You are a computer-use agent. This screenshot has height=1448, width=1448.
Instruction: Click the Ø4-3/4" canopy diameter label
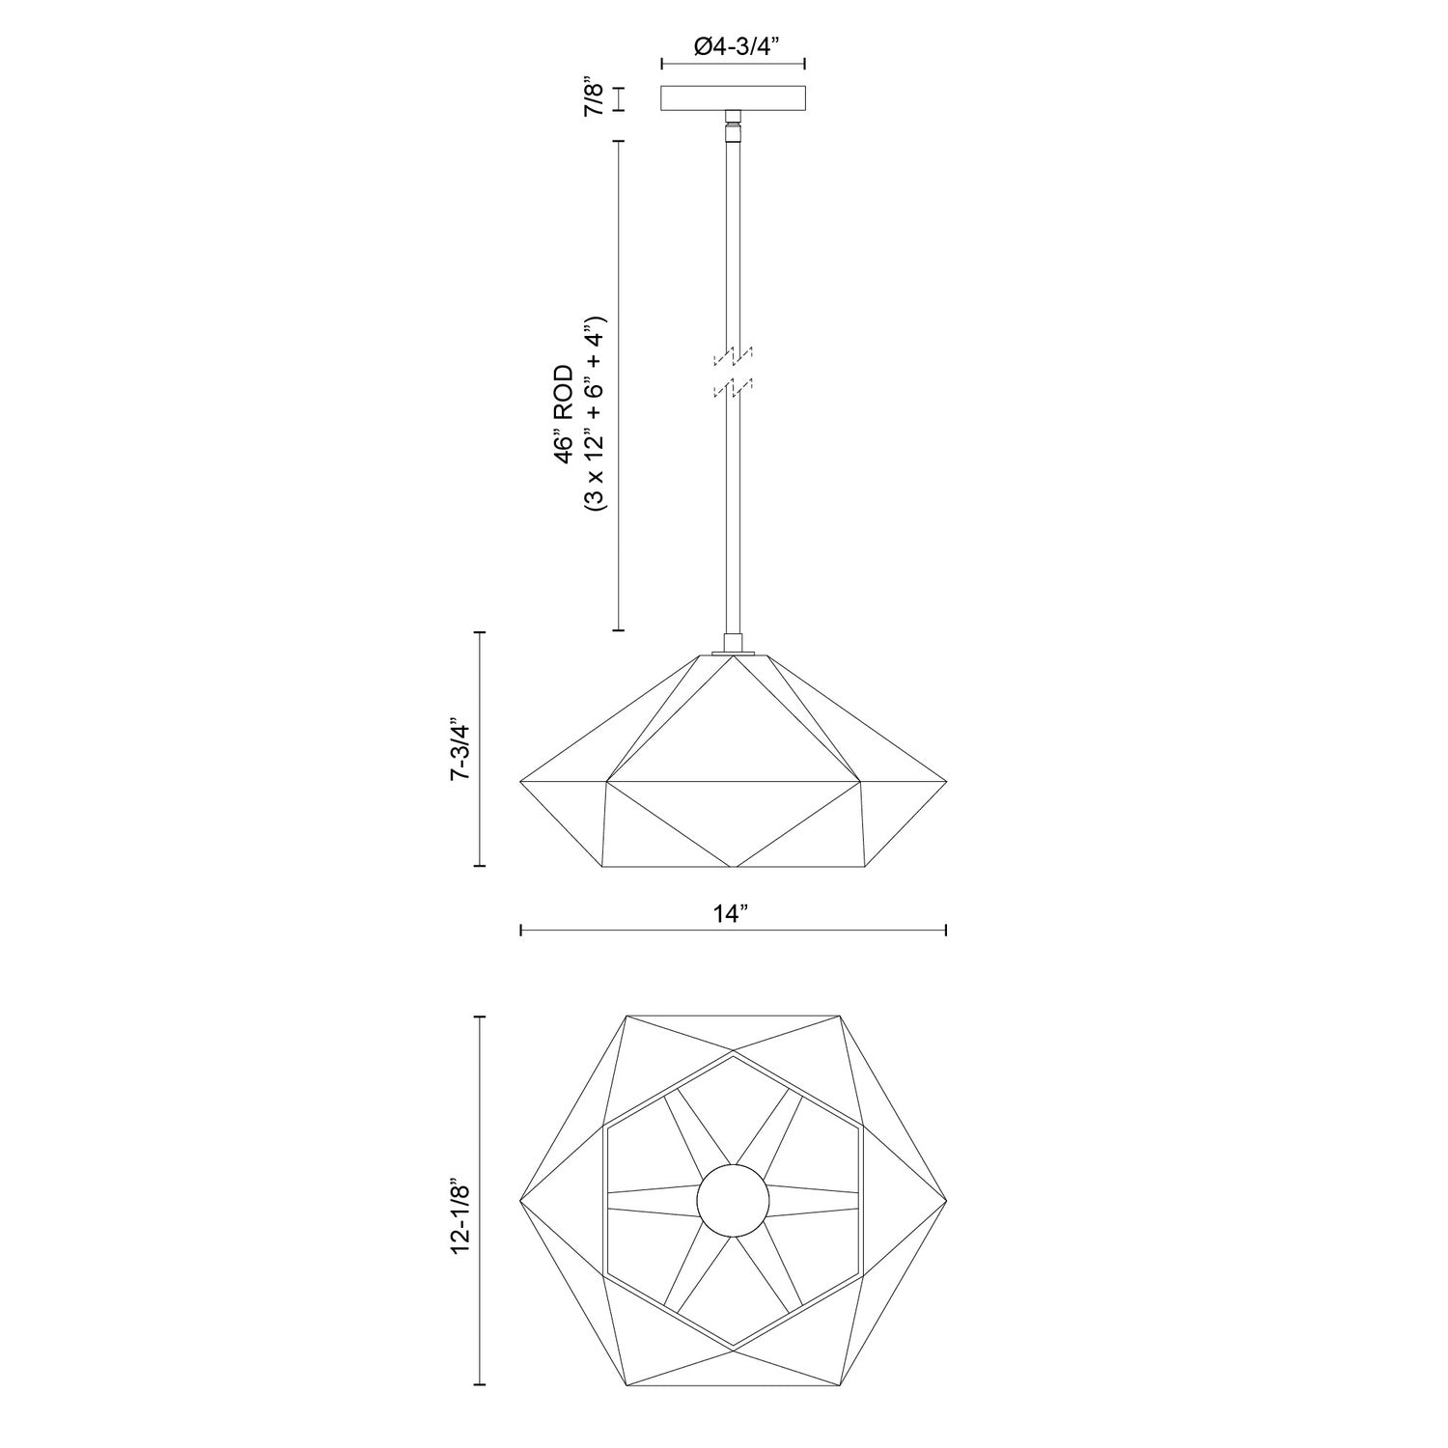click(x=734, y=44)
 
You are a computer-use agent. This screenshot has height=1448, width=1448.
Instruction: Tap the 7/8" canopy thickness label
click(x=596, y=98)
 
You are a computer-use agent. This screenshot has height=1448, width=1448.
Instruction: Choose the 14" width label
click(x=733, y=913)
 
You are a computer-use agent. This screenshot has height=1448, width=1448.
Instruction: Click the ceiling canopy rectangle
click(x=734, y=98)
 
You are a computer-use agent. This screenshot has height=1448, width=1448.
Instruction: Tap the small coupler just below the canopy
click(x=734, y=123)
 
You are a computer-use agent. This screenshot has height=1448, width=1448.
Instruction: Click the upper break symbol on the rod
click(x=733, y=357)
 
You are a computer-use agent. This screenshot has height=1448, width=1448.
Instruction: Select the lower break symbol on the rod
click(x=733, y=389)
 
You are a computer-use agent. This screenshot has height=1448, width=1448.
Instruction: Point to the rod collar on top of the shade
click(x=734, y=644)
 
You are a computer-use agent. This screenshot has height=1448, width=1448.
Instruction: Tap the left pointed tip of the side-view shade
click(x=521, y=779)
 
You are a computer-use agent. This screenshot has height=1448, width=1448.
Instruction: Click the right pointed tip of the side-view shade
click(x=945, y=779)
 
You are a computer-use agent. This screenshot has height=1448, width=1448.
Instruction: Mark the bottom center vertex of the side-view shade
click(x=734, y=866)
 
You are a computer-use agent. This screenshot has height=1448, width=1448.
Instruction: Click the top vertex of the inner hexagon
click(x=733, y=1055)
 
